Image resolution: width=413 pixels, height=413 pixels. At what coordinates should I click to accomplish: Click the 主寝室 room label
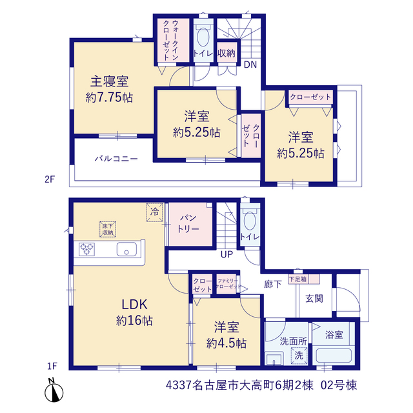[x=109, y=81]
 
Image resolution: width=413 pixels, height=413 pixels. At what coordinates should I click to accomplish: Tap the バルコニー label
[x=116, y=159]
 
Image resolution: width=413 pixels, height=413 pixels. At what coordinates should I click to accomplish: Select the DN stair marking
[x=250, y=65]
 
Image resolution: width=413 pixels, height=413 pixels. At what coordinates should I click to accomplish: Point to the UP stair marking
[x=227, y=254]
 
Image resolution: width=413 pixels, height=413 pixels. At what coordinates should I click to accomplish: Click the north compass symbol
[x=54, y=392]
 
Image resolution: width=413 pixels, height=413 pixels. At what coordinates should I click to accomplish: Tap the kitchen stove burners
[x=86, y=249]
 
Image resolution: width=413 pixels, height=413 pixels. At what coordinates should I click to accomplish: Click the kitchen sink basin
[x=126, y=249]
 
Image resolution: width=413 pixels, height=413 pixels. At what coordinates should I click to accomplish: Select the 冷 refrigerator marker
[x=155, y=212]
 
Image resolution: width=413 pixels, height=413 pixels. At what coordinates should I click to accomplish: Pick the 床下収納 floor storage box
[x=108, y=229]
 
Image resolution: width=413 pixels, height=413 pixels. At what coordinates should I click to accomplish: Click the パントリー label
[x=188, y=224]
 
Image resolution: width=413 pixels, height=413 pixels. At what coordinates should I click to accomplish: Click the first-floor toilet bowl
[x=250, y=219]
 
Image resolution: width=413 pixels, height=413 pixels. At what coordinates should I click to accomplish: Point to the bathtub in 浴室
[x=334, y=356]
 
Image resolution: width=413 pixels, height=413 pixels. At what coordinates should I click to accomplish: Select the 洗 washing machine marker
[x=299, y=356]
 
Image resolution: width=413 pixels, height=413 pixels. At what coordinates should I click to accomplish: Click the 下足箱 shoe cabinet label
[x=298, y=279]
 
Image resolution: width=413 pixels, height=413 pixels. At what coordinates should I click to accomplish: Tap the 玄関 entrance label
[x=314, y=299]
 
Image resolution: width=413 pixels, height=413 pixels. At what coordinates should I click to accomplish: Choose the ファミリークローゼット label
[x=228, y=284]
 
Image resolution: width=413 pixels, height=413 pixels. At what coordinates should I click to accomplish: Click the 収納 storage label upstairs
[x=227, y=53]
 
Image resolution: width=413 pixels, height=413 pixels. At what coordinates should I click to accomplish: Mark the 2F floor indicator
[x=50, y=179]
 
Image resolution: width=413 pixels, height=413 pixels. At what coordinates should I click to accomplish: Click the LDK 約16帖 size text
[x=134, y=321]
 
